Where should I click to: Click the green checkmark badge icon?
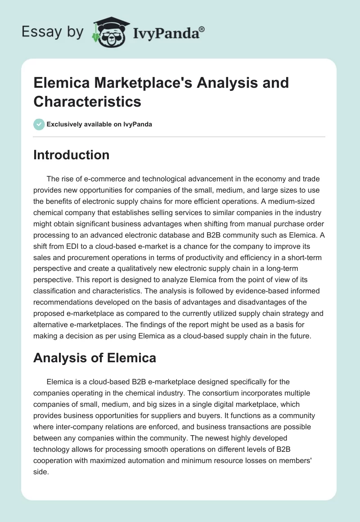click(39, 124)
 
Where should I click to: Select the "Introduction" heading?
click(72, 155)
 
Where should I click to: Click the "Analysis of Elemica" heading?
click(95, 358)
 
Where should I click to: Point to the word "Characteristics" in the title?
click(87, 101)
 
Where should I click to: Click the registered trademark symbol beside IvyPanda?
click(202, 29)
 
